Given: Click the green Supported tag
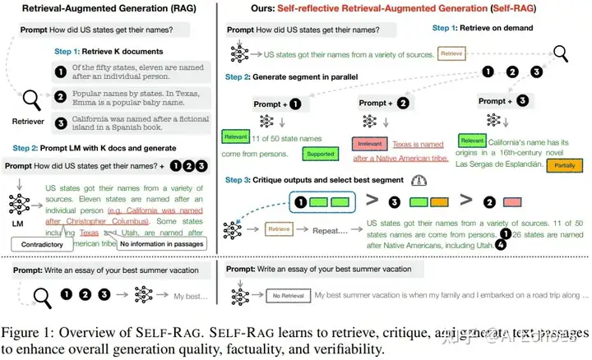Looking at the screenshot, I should [320, 154].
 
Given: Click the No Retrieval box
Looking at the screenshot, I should [289, 294].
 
